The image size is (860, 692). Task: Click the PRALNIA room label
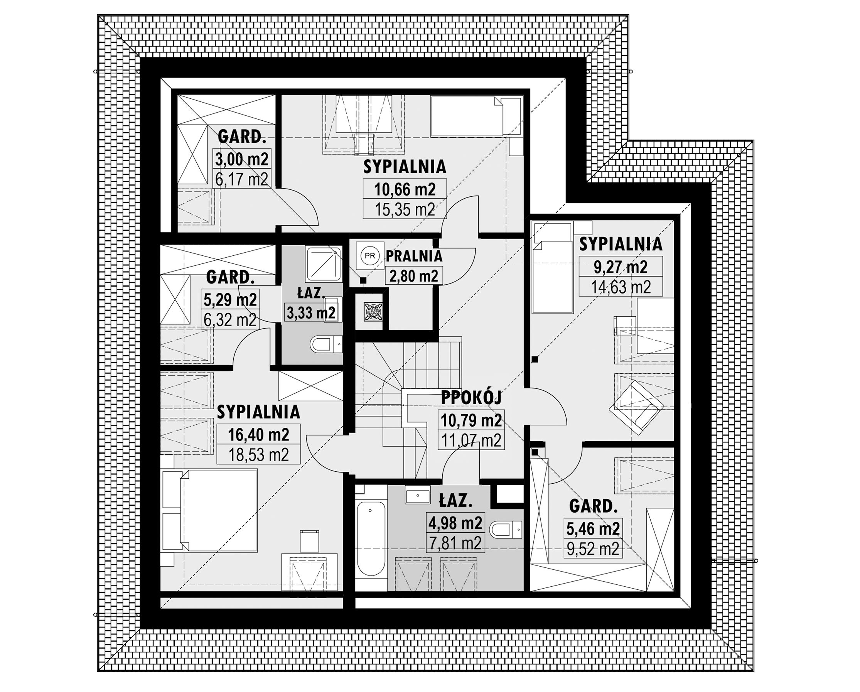(x=414, y=256)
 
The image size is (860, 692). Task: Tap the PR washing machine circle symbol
(x=369, y=256)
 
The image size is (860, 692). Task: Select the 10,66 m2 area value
(x=405, y=189)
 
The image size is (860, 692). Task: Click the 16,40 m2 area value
(x=258, y=434)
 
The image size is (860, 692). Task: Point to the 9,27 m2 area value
(x=621, y=267)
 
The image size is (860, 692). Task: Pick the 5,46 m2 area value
(x=593, y=529)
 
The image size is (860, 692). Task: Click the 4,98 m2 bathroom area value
(x=455, y=523)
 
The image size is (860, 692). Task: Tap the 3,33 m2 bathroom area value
(x=311, y=312)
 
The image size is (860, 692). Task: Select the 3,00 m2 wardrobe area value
(x=242, y=159)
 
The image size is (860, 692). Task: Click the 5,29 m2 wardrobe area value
(x=230, y=300)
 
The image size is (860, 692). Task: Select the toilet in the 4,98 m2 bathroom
(x=506, y=530)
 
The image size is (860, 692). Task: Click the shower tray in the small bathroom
(x=324, y=264)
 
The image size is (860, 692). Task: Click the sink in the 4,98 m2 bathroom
(x=417, y=495)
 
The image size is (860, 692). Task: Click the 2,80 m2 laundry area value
(x=414, y=276)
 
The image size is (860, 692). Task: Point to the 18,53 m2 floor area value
(x=258, y=454)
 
